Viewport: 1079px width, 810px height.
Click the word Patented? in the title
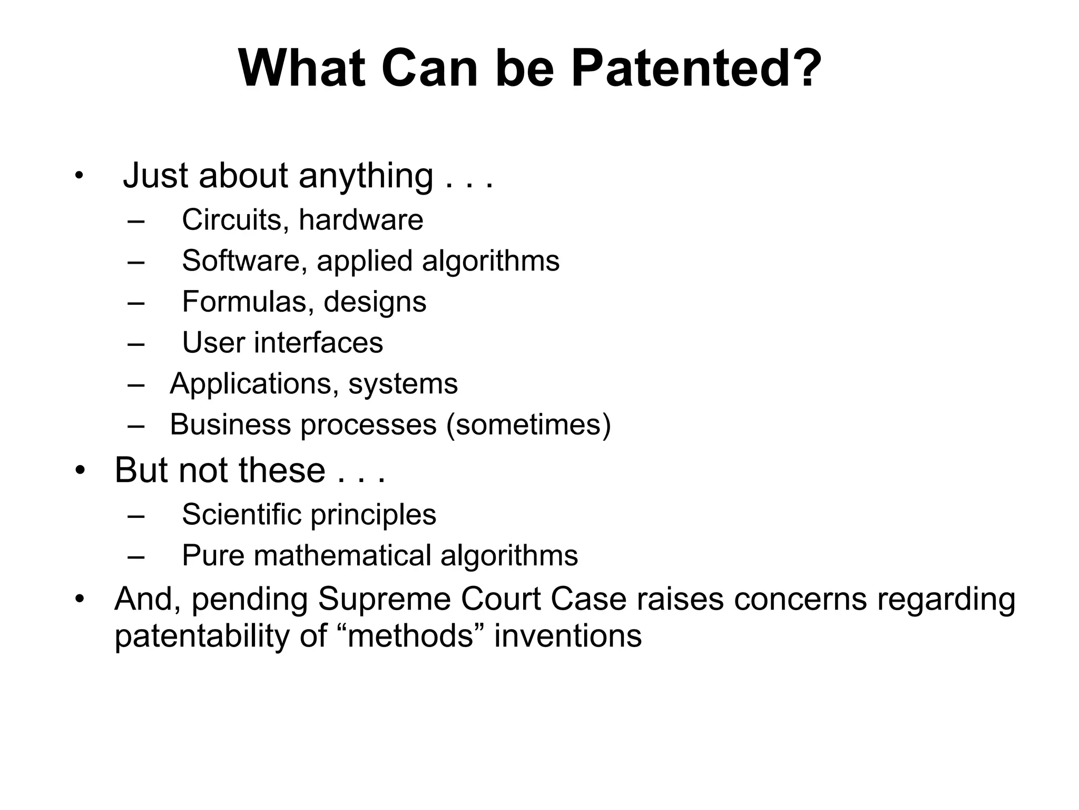(696, 69)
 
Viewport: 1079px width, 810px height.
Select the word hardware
(361, 219)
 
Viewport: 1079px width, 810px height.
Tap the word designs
(375, 302)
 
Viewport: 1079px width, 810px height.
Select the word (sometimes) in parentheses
(528, 425)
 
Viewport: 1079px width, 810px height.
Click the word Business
(230, 425)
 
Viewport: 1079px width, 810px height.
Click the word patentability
(202, 637)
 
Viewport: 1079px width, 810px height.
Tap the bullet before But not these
(80, 470)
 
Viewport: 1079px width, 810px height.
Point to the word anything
(366, 176)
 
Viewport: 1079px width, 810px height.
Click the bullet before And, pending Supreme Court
(80, 599)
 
